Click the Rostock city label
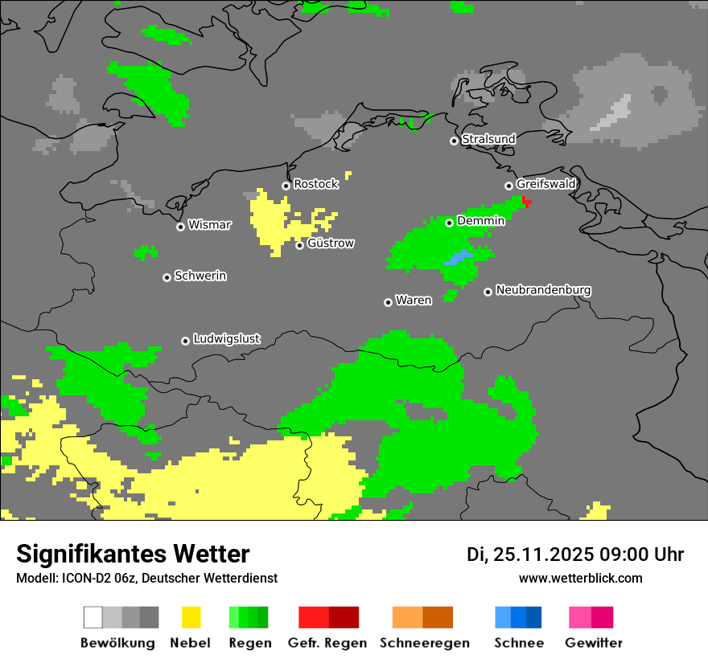coord(315,184)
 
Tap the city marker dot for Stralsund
coord(454,141)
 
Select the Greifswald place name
coord(545,184)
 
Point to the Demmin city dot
coord(449,223)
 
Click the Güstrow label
coord(330,243)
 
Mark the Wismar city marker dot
coord(180,227)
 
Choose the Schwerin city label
coord(200,276)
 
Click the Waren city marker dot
coord(388,302)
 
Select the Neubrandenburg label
coord(543,290)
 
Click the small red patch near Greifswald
coord(526,202)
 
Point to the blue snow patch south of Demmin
coord(458,258)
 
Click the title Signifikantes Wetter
coord(133,554)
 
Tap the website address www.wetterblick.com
coord(580,578)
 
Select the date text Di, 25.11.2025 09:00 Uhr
coord(574,554)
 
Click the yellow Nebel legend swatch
coord(191,617)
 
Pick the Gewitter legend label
coord(593,643)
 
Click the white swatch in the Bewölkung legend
coord(93,617)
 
